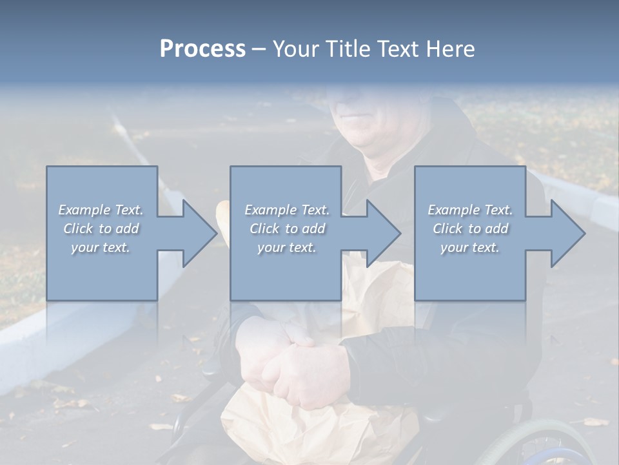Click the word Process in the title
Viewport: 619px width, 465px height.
[x=202, y=49]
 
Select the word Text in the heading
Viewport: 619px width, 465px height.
[x=398, y=49]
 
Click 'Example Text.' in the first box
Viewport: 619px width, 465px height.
[x=101, y=210]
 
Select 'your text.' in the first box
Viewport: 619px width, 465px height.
[x=101, y=247]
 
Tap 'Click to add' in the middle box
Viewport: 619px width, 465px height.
[x=287, y=229]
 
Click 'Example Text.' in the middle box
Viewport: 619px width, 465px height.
[x=287, y=210]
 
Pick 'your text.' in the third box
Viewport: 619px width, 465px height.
[x=470, y=247]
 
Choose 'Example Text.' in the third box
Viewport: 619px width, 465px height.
[x=470, y=210]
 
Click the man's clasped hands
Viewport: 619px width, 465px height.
[x=297, y=362]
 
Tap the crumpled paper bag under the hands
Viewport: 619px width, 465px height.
[x=309, y=426]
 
